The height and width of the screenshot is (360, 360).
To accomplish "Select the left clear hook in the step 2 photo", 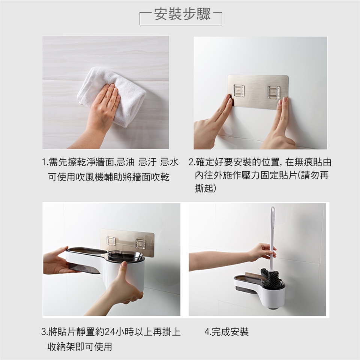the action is (238, 91).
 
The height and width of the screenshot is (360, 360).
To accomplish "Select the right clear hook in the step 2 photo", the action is (273, 91).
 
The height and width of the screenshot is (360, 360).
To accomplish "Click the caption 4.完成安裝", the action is (226, 332).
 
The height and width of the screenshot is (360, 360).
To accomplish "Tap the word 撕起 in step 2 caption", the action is (204, 188).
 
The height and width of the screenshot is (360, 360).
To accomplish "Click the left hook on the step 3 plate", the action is (111, 240).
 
